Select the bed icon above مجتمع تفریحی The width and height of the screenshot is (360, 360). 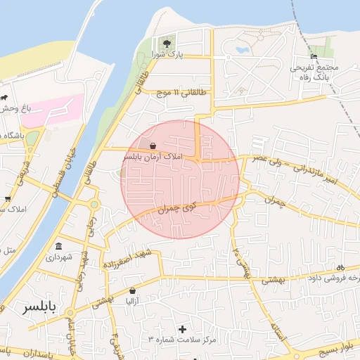[314, 57]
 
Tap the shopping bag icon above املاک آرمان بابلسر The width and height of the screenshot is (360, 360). [153, 146]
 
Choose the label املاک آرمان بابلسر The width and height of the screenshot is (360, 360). [153, 156]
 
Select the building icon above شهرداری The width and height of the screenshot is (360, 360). [58, 247]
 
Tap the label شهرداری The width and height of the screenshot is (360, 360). [58, 257]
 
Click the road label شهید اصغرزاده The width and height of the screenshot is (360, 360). [127, 259]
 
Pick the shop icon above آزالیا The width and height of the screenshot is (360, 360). [132, 290]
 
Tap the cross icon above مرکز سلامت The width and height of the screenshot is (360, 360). [184, 328]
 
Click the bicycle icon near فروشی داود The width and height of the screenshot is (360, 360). [340, 267]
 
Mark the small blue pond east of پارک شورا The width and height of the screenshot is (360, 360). [243, 51]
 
